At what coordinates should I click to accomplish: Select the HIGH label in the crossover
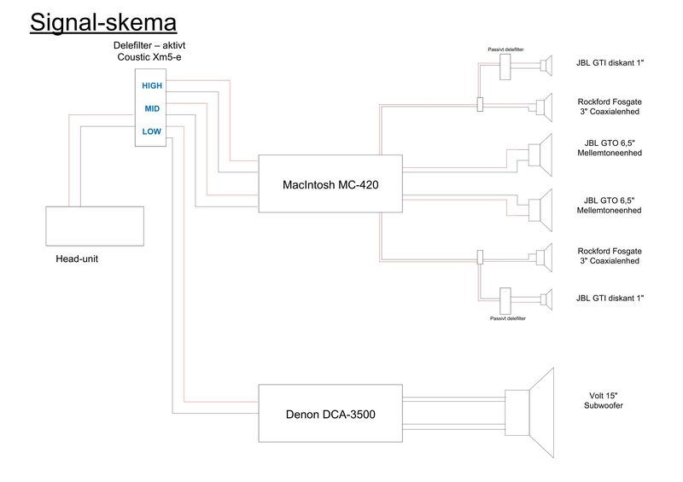tap(152, 85)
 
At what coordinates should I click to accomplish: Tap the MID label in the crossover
tap(152, 108)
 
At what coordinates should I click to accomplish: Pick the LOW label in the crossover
tap(152, 131)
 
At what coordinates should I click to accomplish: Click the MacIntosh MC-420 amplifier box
tap(330, 183)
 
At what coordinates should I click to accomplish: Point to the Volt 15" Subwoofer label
tap(603, 400)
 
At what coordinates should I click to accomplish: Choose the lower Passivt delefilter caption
tap(507, 318)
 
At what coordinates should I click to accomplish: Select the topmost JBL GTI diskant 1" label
tap(610, 63)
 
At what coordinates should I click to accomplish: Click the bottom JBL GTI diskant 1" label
tap(610, 297)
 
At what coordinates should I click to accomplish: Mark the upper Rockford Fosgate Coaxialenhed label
tap(610, 106)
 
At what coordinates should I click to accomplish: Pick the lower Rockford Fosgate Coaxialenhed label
tap(610, 256)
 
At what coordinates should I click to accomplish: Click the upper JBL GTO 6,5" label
tap(610, 148)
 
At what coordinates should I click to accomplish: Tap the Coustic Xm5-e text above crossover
tap(150, 56)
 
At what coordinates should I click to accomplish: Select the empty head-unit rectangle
tap(95, 227)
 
